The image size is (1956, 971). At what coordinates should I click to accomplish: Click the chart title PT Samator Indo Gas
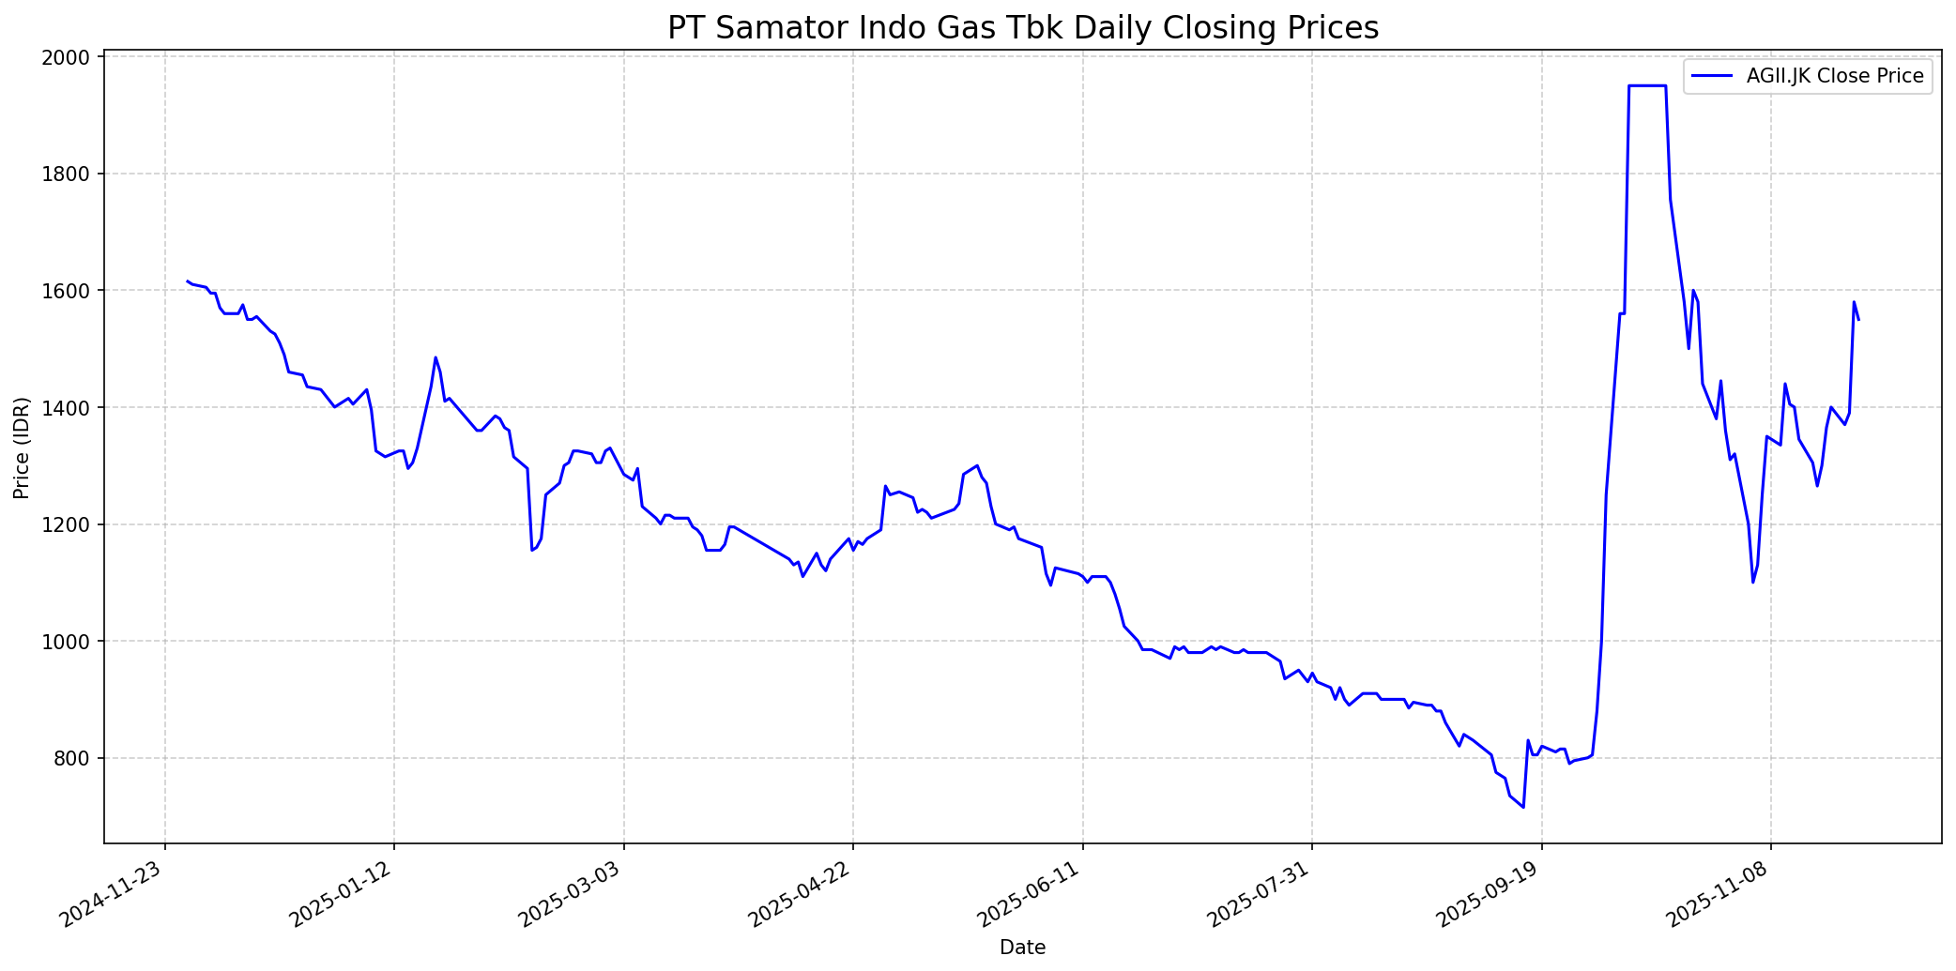pos(1023,28)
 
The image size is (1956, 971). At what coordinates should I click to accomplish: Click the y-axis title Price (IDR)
pos(23,448)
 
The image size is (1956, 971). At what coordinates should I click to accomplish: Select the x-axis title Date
pos(1022,948)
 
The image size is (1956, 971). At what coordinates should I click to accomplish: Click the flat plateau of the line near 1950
pos(1647,85)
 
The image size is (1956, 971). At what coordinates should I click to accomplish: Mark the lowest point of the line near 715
pos(1523,807)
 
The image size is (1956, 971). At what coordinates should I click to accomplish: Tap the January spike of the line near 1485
pos(436,357)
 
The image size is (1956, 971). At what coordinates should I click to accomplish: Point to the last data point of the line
pos(1858,320)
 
